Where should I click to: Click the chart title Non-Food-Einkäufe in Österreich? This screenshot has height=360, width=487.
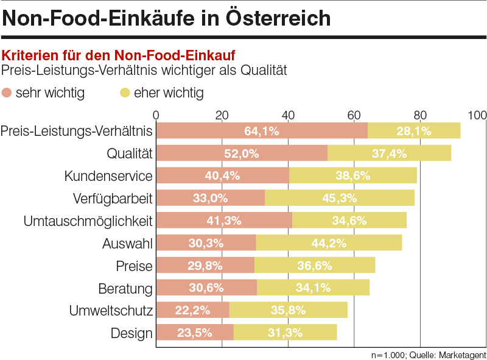tap(166, 18)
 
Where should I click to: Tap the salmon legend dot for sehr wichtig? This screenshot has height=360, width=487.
tap(8, 93)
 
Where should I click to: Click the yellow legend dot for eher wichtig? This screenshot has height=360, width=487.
tap(125, 93)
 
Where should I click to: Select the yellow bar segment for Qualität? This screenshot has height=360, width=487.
tap(390, 154)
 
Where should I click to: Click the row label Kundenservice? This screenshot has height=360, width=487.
tap(108, 176)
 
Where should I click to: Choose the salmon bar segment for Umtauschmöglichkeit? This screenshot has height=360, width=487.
tap(224, 221)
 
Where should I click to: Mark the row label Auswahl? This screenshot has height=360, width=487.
tap(127, 244)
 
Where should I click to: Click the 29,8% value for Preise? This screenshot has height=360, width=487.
tap(205, 266)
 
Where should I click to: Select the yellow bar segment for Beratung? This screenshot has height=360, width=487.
tap(314, 288)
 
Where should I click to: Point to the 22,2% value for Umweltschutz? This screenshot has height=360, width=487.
tap(193, 310)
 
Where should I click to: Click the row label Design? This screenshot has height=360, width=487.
tap(131, 333)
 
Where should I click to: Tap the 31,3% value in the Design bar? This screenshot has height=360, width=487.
tap(284, 333)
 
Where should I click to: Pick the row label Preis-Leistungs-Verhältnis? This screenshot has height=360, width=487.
tap(77, 131)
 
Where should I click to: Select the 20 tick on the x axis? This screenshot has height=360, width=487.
tap(222, 115)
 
